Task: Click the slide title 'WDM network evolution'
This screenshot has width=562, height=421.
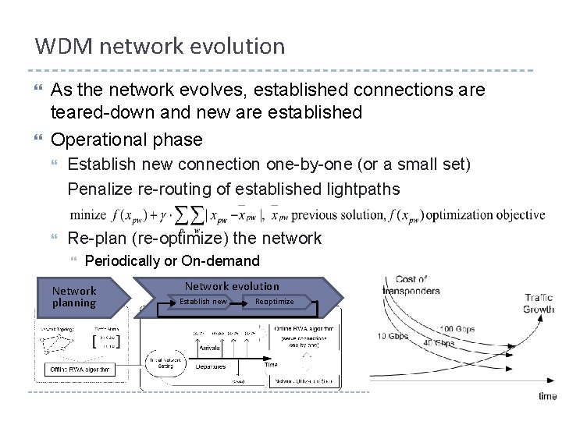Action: click(x=160, y=46)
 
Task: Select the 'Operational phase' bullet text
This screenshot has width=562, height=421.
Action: click(x=126, y=140)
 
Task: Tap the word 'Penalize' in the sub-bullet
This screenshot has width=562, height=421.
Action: click(x=98, y=189)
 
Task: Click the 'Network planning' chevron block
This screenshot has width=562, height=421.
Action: click(x=75, y=296)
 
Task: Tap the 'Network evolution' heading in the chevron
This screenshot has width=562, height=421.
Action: click(x=231, y=286)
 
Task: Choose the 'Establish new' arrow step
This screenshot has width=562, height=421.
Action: click(x=203, y=302)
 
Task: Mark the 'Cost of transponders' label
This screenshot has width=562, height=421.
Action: click(x=411, y=285)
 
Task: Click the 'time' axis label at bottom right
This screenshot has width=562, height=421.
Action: click(x=548, y=396)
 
